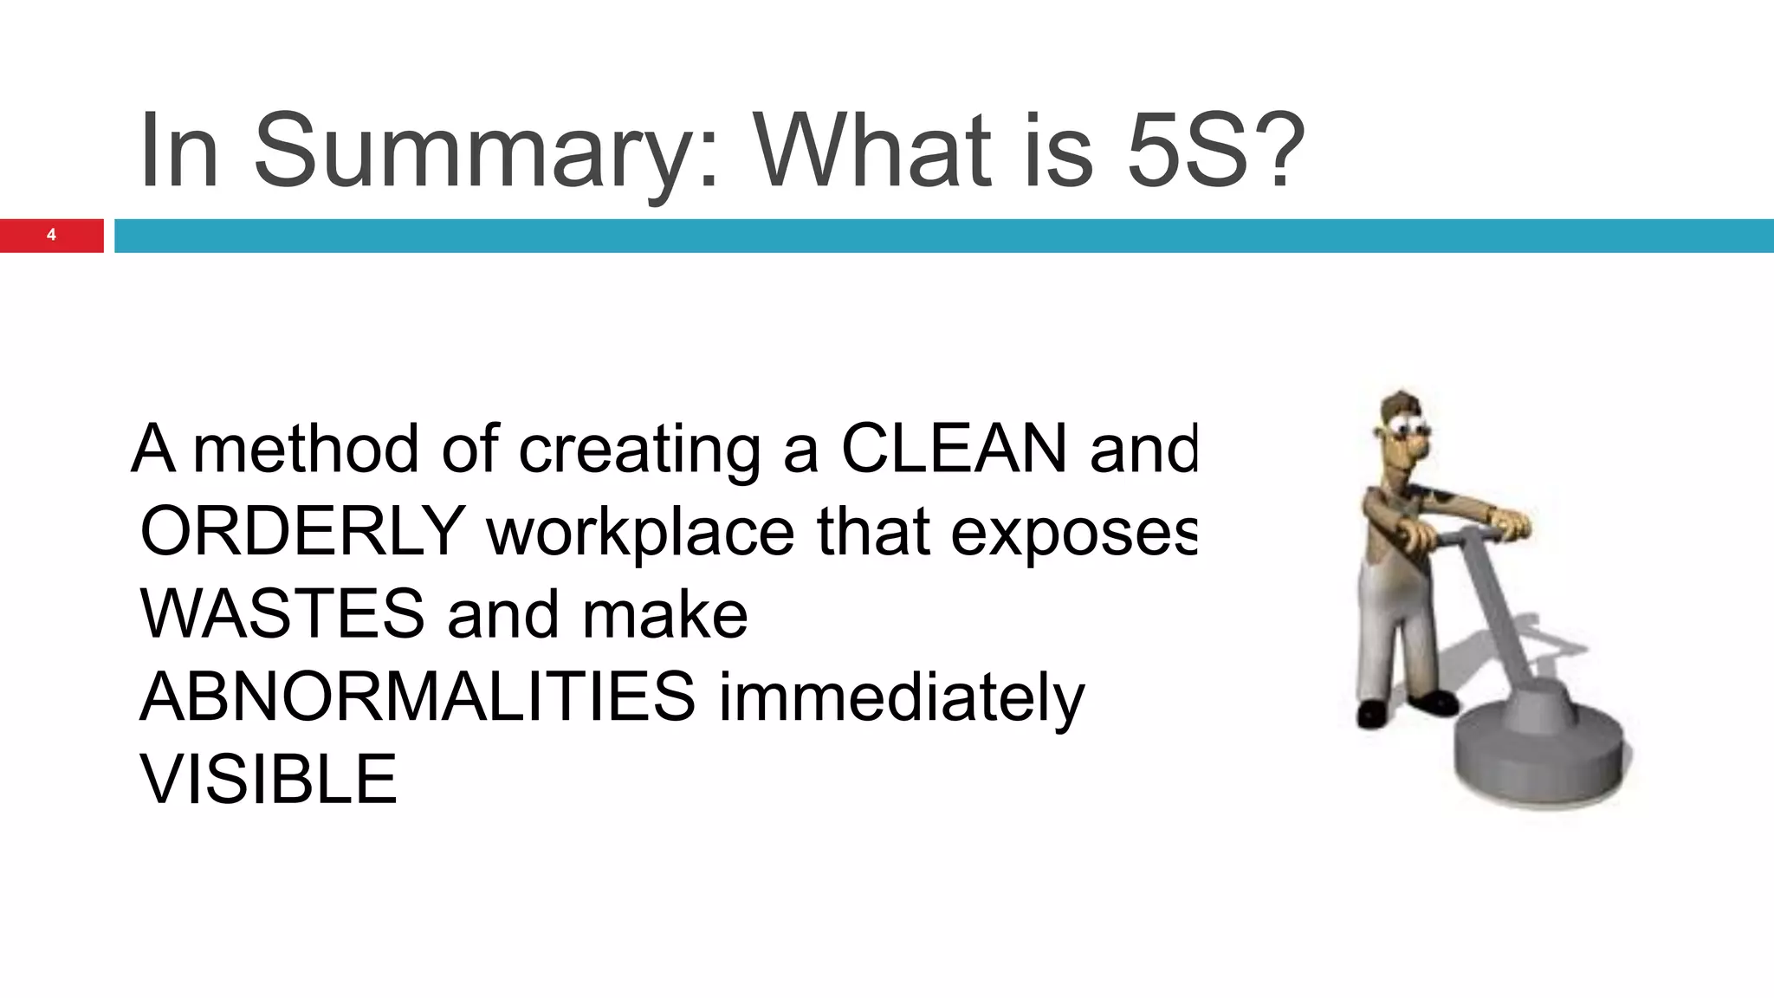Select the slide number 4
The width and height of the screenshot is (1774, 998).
pyautogui.click(x=51, y=235)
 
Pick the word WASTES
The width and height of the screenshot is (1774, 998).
pyautogui.click(x=282, y=613)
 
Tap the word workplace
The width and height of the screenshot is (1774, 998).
pyautogui.click(x=640, y=532)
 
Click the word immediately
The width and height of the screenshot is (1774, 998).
pyautogui.click(x=901, y=698)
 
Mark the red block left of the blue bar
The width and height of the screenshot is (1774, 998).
pyautogui.click(x=52, y=235)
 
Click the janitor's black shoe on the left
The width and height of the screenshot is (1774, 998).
pyautogui.click(x=1373, y=712)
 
